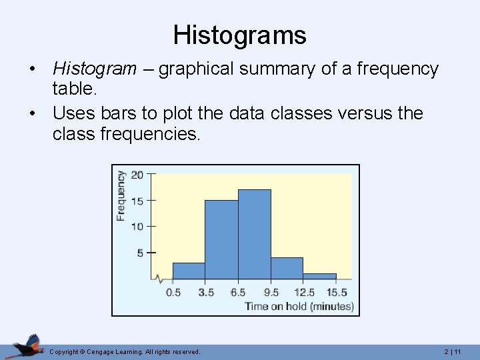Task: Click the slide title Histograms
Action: pos(239,35)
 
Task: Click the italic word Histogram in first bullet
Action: pos(94,69)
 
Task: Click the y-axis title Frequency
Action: pos(121,195)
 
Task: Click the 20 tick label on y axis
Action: pos(137,175)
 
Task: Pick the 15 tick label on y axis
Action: pos(137,201)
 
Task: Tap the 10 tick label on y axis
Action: pos(137,227)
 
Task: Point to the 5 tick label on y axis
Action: pos(140,253)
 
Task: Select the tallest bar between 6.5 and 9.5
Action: pos(255,233)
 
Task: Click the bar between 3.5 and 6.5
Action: pos(221,239)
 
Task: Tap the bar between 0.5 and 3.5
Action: pos(189,271)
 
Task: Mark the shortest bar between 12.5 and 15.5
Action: pos(319,276)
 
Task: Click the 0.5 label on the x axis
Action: pos(173,293)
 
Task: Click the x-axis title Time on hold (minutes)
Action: pos(299,307)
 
